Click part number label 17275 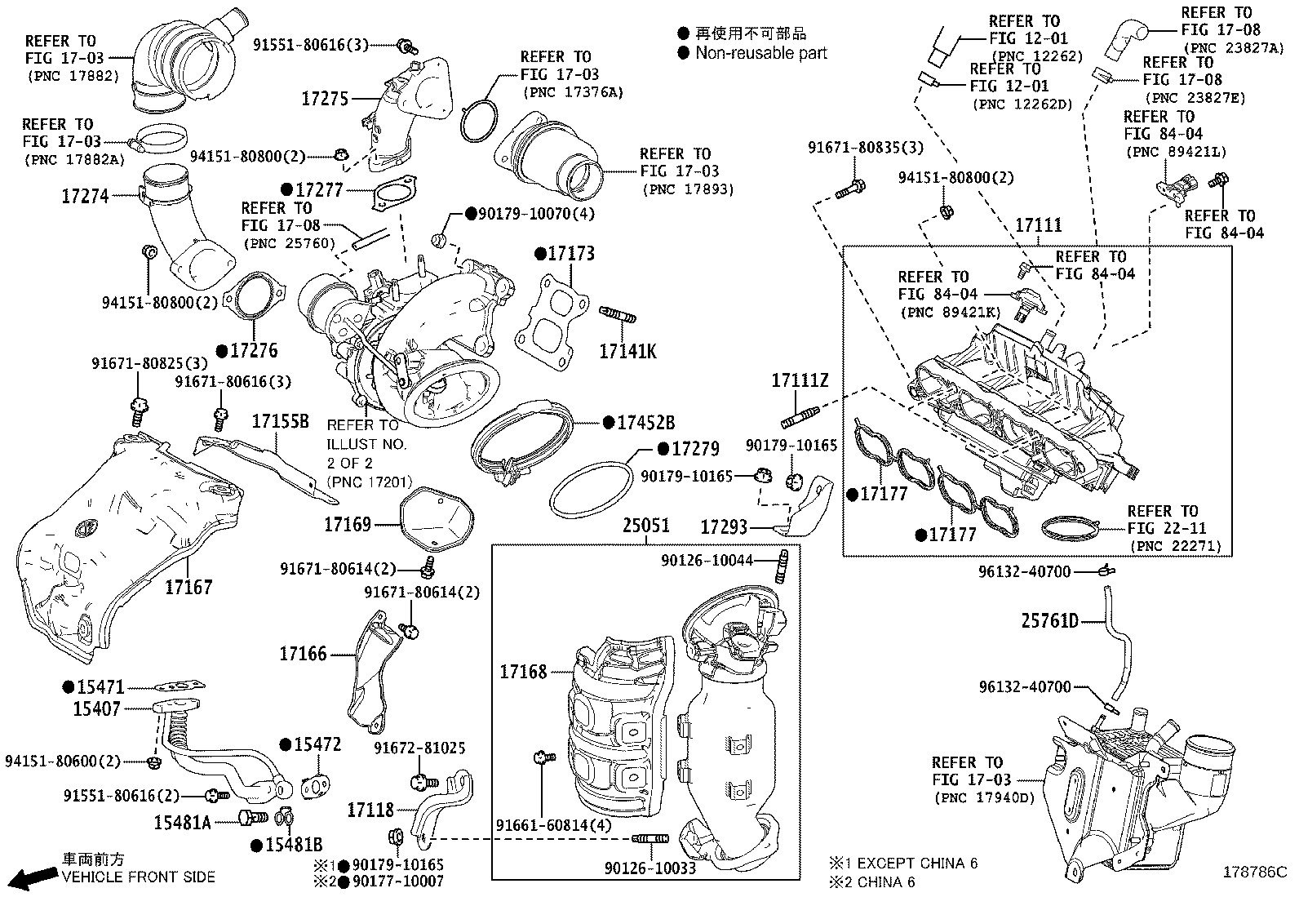click(325, 99)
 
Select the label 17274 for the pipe click(84, 196)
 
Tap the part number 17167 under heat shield click(188, 587)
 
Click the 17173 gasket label click(570, 254)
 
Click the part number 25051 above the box click(646, 526)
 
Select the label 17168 click(523, 672)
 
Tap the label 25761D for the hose click(1050, 622)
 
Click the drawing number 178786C click(1253, 872)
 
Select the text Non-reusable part click(760, 53)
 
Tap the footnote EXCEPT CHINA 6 click(916, 863)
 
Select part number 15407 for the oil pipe click(96, 709)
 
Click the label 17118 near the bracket click(370, 810)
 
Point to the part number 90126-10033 click(650, 868)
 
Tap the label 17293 click(725, 528)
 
